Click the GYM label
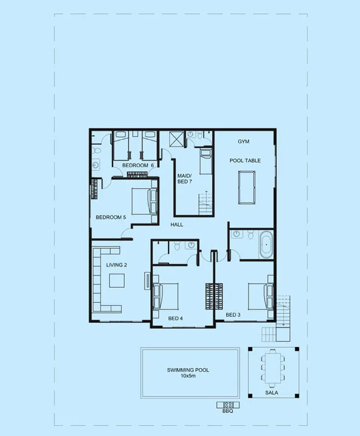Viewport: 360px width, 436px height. click(244, 141)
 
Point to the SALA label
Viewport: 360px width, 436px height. click(273, 392)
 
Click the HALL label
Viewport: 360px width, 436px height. click(177, 225)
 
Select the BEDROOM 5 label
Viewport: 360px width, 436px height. click(111, 217)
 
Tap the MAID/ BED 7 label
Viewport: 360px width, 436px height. click(184, 178)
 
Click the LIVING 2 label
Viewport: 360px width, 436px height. click(116, 265)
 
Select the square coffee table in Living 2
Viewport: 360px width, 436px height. click(117, 280)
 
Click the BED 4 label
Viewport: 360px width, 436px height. click(176, 318)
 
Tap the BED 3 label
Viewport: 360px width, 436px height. click(233, 315)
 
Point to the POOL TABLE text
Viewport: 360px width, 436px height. click(245, 160)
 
